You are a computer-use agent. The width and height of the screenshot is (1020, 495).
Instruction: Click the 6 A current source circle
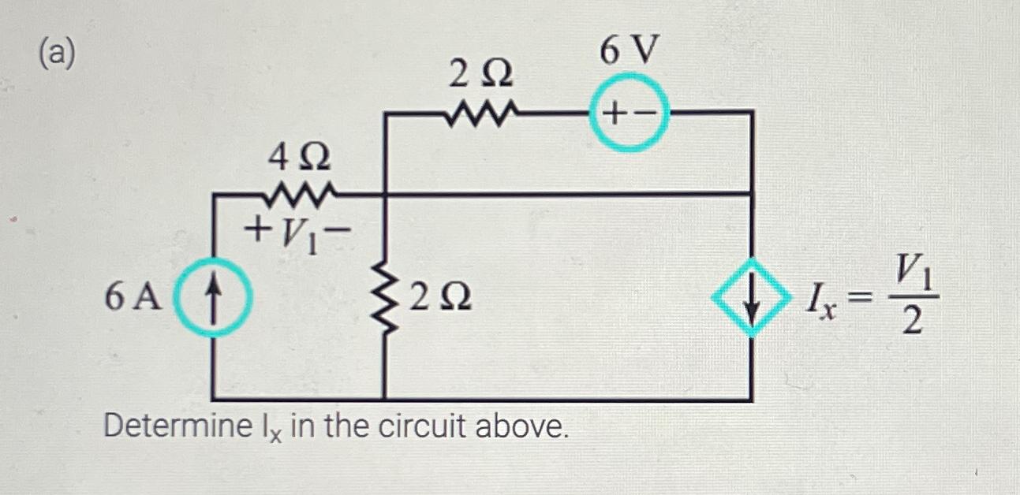click(214, 297)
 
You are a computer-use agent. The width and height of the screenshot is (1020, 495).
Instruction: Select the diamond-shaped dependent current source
click(751, 297)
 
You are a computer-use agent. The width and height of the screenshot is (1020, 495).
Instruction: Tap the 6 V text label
click(629, 52)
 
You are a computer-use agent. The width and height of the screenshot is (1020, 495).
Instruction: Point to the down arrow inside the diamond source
click(752, 300)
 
